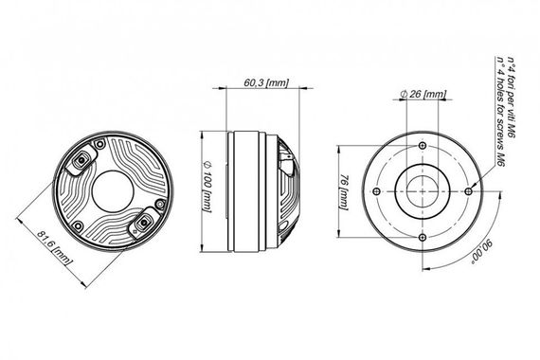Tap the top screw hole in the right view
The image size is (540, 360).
tap(423, 145)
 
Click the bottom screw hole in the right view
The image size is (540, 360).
tap(423, 236)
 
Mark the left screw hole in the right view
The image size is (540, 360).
tap(378, 190)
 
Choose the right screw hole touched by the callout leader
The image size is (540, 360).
tap(469, 190)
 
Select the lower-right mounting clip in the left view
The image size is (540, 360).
tap(144, 223)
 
